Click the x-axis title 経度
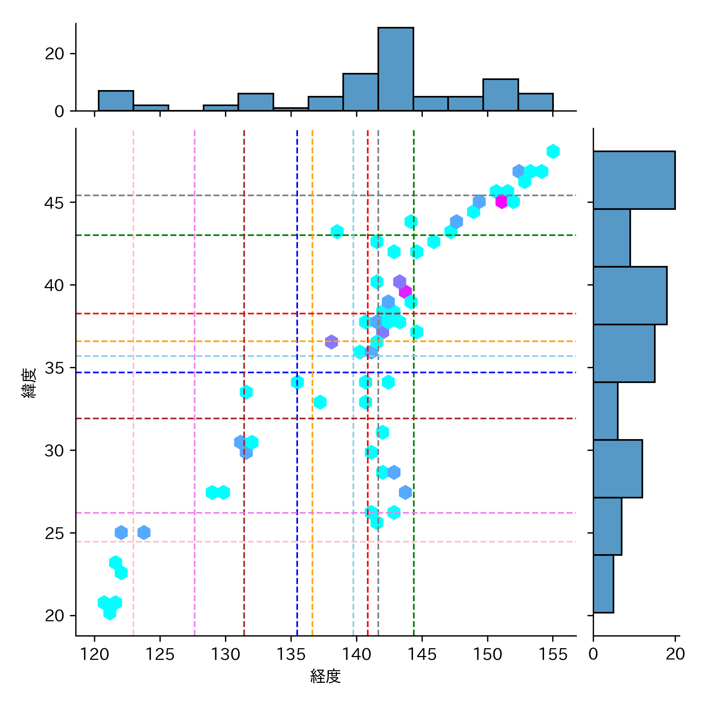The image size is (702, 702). click(326, 676)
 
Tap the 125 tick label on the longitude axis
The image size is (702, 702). click(160, 654)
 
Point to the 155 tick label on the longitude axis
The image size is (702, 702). click(553, 654)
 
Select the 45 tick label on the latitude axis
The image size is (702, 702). click(54, 203)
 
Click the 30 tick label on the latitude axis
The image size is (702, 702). click(54, 451)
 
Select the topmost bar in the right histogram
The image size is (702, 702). click(634, 180)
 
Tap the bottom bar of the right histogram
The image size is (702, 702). click(603, 583)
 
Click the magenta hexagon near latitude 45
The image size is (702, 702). click(501, 202)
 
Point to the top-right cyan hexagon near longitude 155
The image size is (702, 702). click(553, 151)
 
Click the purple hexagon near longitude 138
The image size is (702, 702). click(331, 342)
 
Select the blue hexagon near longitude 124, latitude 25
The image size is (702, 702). click(144, 532)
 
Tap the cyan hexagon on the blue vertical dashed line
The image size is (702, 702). click(297, 382)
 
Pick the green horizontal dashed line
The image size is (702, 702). click(234, 235)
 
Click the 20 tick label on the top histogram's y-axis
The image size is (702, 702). click(54, 54)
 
